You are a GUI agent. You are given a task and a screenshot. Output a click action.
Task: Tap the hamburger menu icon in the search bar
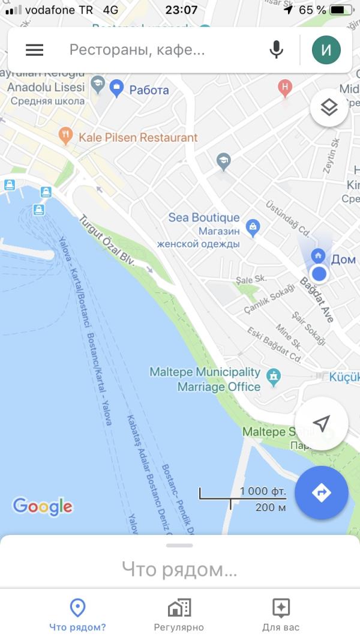34,50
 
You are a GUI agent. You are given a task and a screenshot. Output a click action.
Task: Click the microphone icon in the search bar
276,50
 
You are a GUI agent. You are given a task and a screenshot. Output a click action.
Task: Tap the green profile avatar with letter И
326,50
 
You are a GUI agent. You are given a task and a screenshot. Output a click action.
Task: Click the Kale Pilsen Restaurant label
138,137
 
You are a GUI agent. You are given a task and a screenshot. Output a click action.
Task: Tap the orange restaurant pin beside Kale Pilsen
66,136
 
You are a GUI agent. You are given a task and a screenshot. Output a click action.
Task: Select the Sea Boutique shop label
203,217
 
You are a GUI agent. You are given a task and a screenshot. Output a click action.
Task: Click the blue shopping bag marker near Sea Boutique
253,226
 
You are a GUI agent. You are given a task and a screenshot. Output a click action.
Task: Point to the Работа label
149,90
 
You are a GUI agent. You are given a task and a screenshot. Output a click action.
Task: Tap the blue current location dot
319,274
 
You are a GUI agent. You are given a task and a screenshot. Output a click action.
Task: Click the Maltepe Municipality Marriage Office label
205,379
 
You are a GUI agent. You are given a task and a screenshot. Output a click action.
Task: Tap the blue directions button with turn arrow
322,492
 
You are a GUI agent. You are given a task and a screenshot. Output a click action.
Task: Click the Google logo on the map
43,506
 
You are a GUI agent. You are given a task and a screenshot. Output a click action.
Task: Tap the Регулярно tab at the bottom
179,616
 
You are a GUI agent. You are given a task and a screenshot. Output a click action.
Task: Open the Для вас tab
281,616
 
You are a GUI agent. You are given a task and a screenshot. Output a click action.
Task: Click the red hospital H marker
285,88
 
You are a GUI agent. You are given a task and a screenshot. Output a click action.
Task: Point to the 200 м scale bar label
270,507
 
